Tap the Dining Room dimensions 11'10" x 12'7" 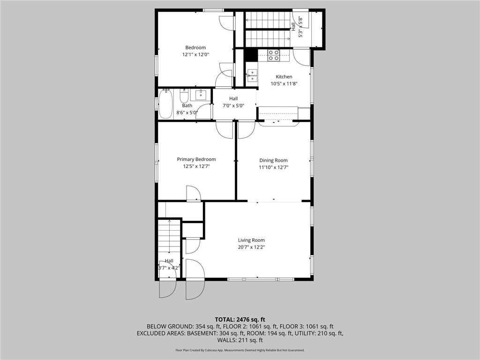click(273, 167)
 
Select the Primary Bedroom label click(196, 159)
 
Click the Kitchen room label click(284, 77)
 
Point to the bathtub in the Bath click(165, 104)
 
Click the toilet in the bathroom click(184, 97)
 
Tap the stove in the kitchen click(274, 55)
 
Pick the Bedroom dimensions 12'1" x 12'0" click(195, 54)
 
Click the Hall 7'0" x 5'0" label click(233, 102)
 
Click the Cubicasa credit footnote click(240, 350)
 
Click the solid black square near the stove click(251, 55)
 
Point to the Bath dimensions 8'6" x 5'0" click(187, 112)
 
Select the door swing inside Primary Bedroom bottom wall click(194, 193)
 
